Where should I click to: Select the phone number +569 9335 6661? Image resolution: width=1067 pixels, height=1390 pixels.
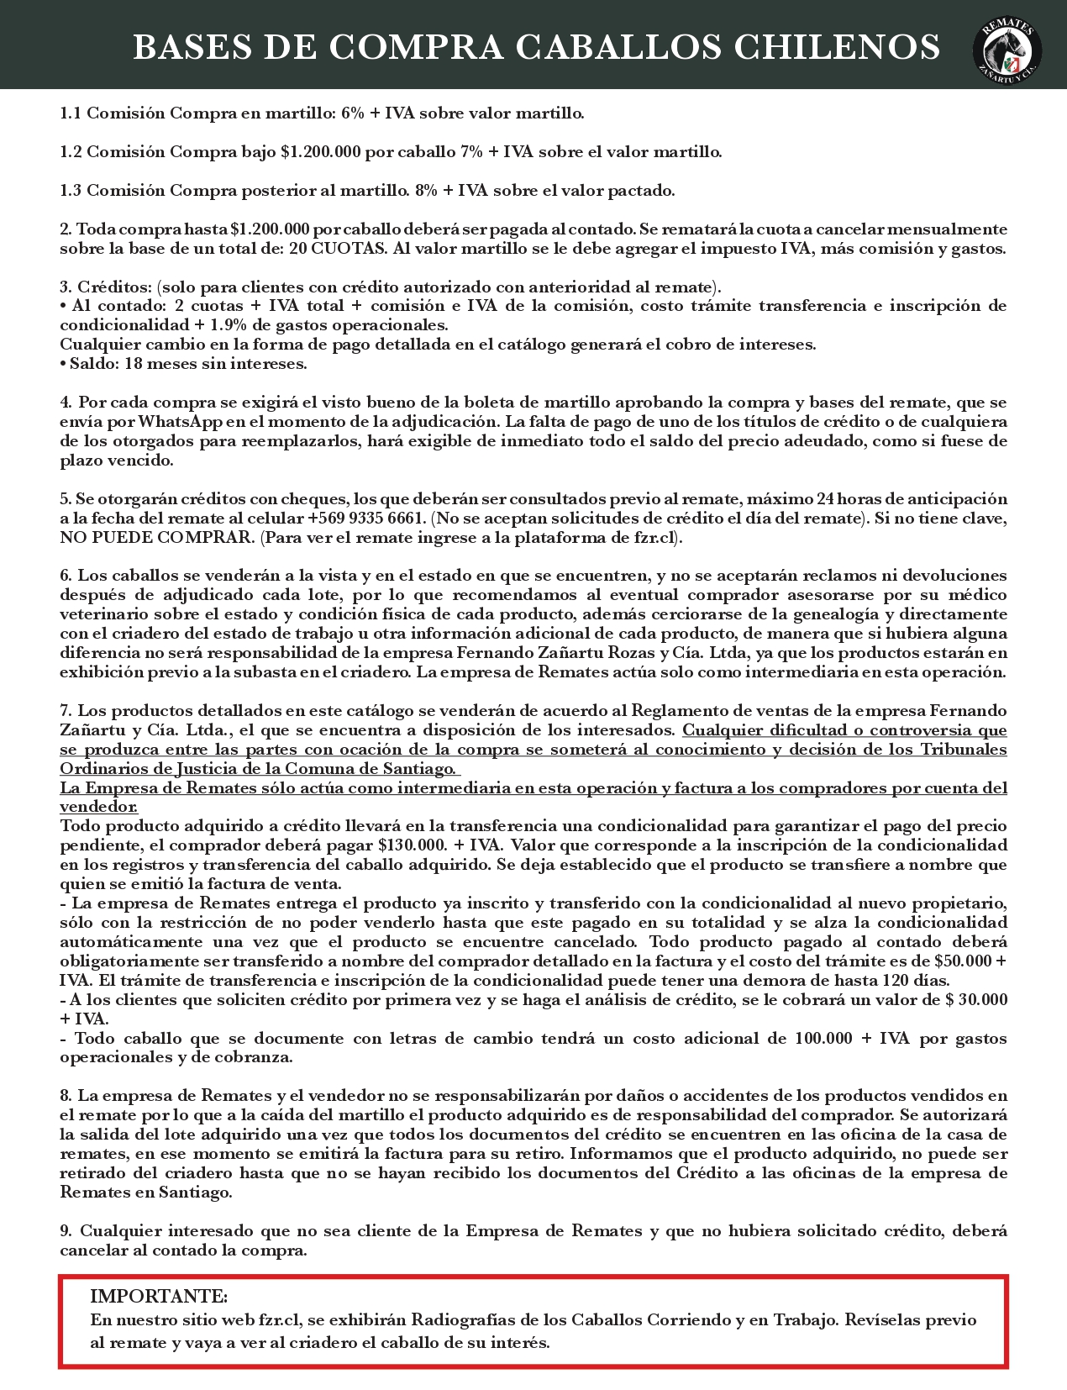[x=365, y=518]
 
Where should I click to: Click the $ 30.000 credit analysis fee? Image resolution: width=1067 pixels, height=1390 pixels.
[x=973, y=999]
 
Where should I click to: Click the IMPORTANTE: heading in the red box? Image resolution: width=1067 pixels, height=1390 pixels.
[x=158, y=1296]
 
